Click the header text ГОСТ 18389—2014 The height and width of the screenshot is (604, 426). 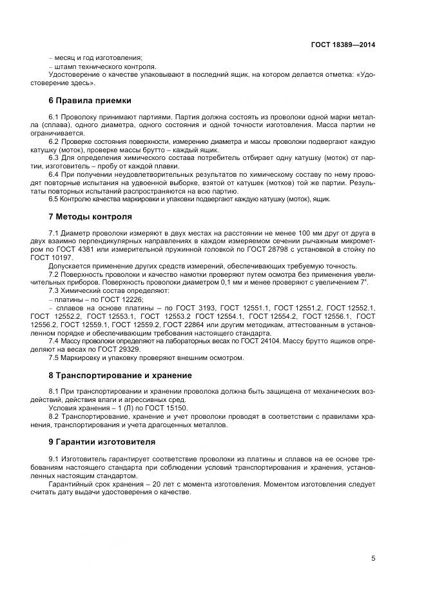click(x=343, y=45)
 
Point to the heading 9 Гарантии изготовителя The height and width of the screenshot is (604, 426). click(x=102, y=441)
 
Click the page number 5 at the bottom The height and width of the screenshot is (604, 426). click(x=373, y=558)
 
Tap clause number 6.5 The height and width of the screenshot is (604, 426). click(x=54, y=199)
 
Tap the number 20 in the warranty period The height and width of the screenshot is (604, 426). click(x=150, y=483)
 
